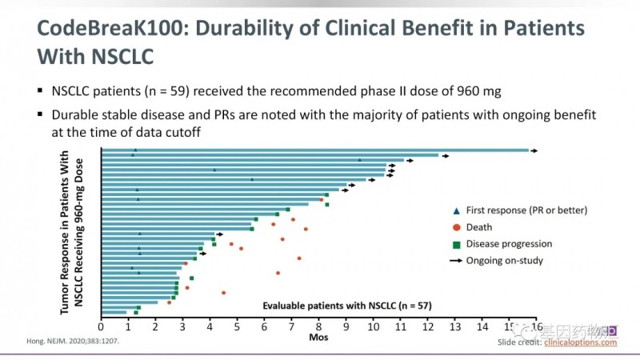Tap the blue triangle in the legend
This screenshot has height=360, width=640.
coord(456,210)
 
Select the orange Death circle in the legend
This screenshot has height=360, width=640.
coord(456,227)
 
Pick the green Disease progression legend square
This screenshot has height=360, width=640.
coord(456,244)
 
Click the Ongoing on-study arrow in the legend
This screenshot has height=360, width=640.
coord(456,260)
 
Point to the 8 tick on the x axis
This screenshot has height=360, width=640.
coord(318,326)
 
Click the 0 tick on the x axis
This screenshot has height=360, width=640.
coord(101,326)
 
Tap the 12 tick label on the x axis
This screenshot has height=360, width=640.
coord(427,326)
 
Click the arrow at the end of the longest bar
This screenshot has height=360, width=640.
coord(534,150)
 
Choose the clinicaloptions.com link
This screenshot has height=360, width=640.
coord(581,342)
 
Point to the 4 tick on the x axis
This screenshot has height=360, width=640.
coord(210,326)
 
